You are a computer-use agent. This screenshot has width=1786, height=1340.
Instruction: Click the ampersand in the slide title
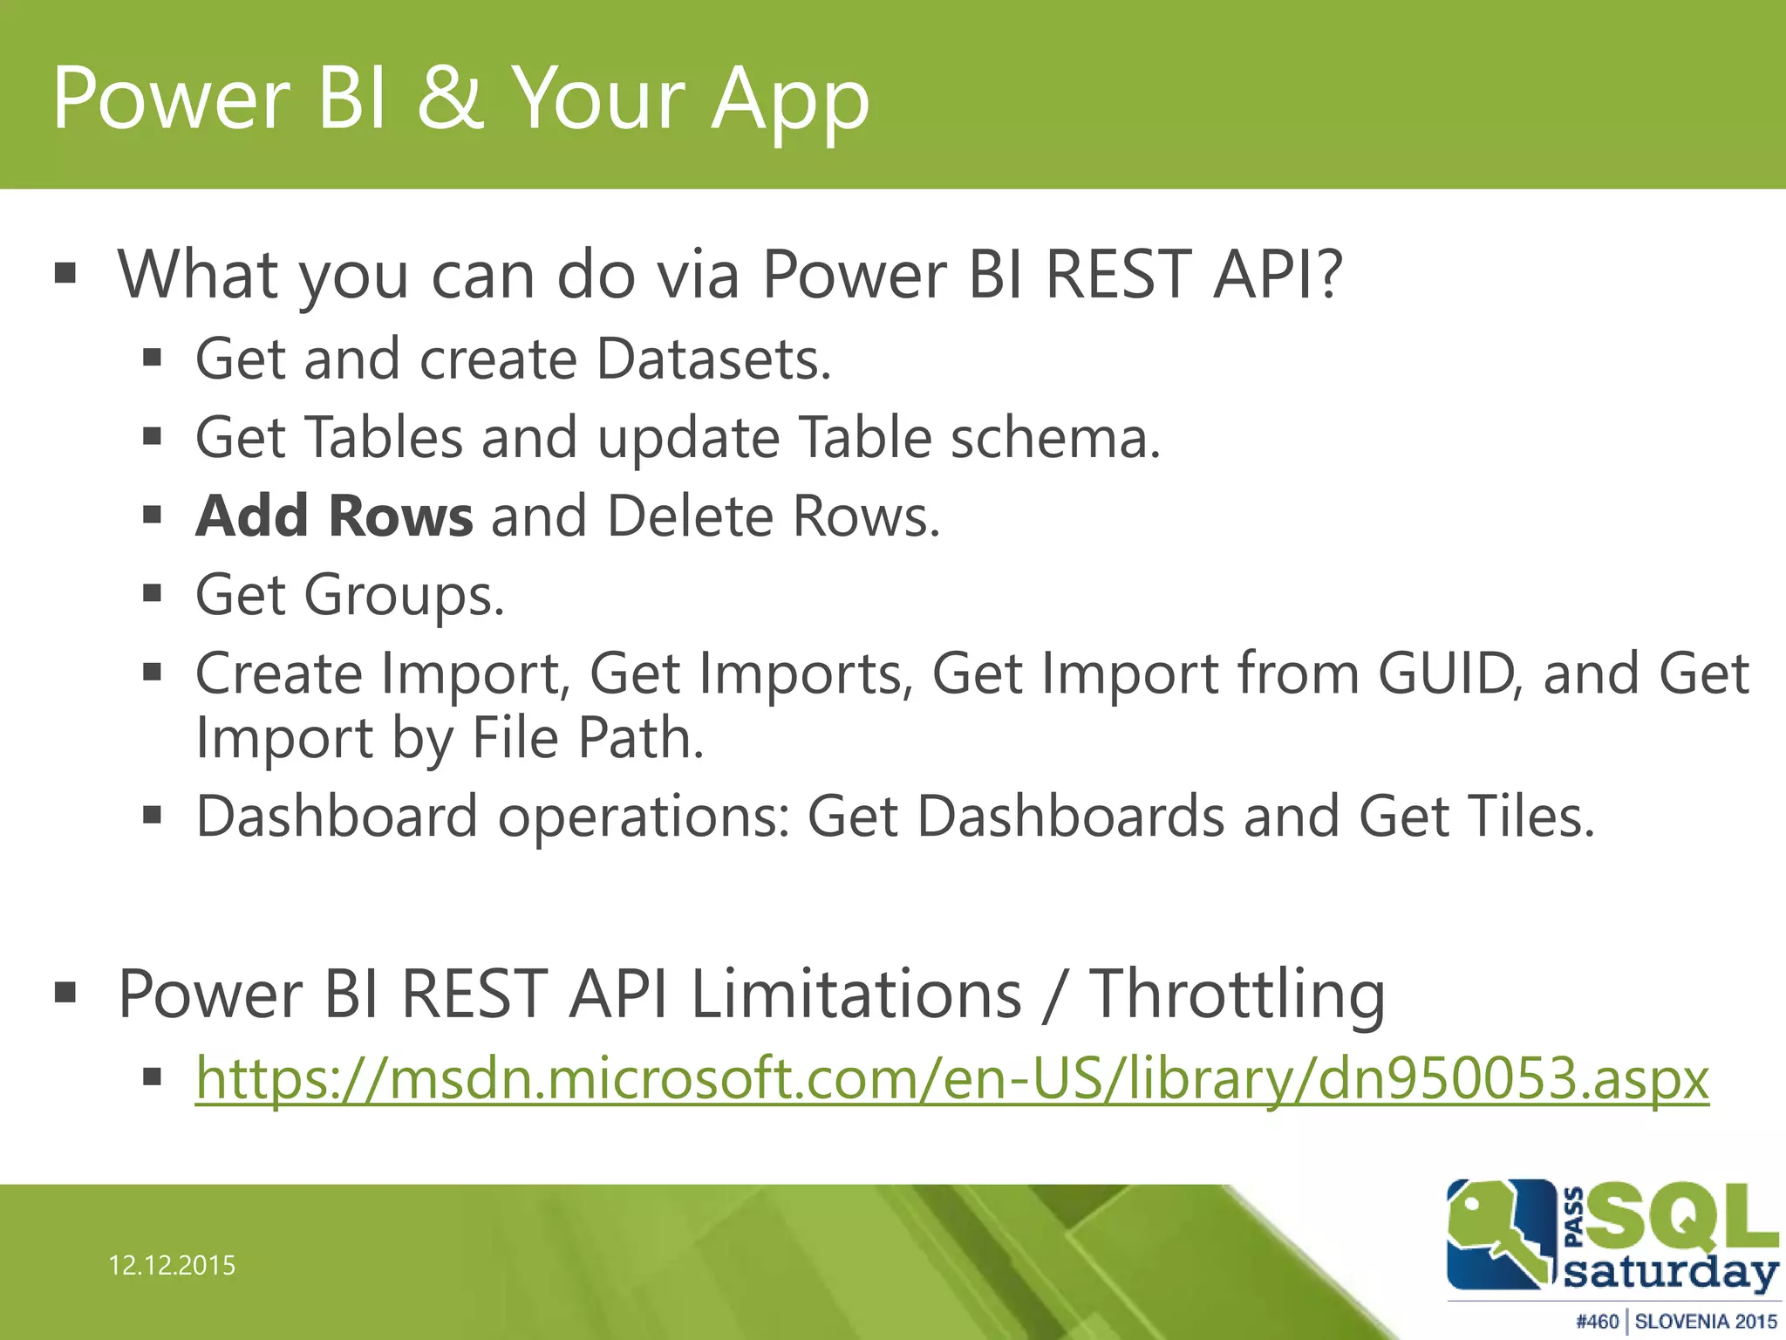click(x=450, y=98)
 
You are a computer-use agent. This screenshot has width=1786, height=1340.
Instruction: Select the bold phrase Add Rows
click(x=335, y=516)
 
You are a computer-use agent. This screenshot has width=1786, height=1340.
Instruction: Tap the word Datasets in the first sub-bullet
click(x=713, y=359)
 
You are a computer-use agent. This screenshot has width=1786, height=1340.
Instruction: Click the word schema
click(x=1055, y=437)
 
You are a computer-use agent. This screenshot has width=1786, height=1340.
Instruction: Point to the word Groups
click(x=403, y=596)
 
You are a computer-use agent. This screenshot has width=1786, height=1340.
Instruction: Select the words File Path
click(x=588, y=738)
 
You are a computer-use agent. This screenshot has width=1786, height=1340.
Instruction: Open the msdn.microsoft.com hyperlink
click(x=951, y=1079)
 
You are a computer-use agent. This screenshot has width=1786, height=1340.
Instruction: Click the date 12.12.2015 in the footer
click(x=172, y=1266)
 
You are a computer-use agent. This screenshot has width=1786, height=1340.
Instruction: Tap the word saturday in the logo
click(x=1670, y=1274)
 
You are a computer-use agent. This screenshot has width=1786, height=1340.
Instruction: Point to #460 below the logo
click(x=1598, y=1322)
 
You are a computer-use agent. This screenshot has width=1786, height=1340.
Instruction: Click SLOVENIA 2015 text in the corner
click(x=1706, y=1322)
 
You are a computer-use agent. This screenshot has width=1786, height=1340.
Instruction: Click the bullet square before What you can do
click(x=65, y=274)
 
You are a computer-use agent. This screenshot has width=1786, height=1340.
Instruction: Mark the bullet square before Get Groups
click(x=153, y=594)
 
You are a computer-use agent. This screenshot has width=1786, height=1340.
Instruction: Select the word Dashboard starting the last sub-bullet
click(x=337, y=817)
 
